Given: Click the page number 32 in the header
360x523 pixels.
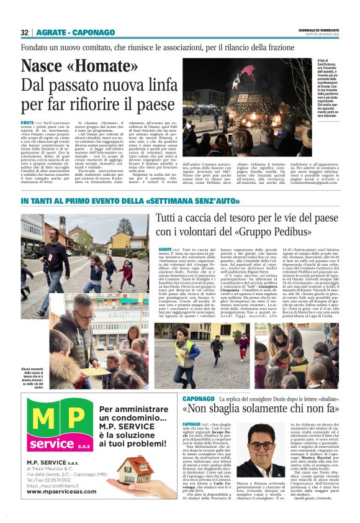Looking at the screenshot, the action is coord(25,32).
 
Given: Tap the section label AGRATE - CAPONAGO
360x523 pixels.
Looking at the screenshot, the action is coord(71,32).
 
